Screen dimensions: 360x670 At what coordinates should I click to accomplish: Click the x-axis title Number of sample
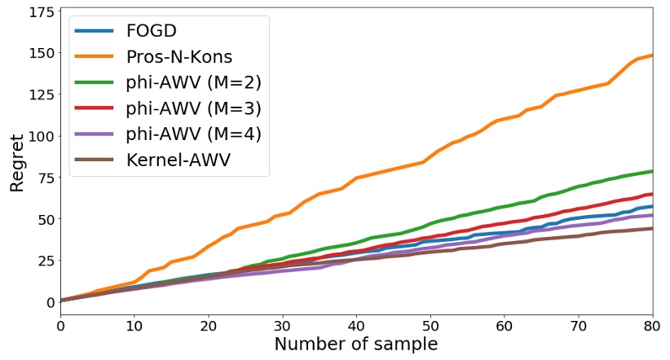click(356, 344)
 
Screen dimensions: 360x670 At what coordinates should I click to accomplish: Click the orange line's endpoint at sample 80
click(652, 55)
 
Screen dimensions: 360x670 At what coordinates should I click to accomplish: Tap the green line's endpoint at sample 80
click(652, 171)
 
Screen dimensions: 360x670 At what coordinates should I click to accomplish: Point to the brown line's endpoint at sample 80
click(652, 228)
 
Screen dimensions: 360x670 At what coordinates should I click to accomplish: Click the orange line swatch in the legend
click(95, 58)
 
